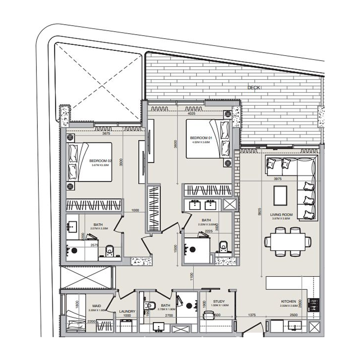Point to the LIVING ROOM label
(282, 215)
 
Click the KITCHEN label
(288, 301)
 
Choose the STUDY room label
(219, 302)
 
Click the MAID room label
(96, 306)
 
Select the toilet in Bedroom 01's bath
(223, 246)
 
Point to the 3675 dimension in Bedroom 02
(106, 134)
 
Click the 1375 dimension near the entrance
(252, 315)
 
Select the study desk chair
(208, 315)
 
